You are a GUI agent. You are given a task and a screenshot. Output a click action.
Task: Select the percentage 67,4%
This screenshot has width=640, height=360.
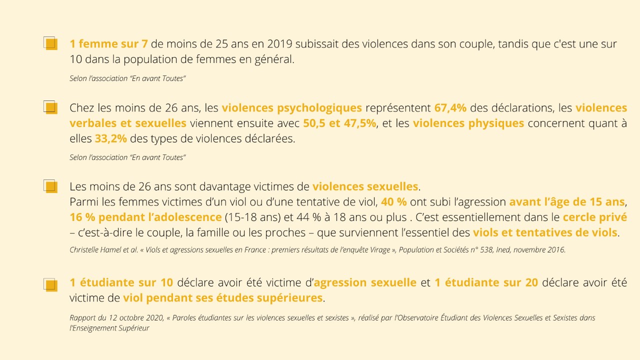(450, 108)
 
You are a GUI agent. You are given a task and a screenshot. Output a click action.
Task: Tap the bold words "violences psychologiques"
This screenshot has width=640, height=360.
(291, 108)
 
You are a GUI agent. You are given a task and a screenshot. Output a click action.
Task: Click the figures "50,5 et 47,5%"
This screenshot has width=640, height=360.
(339, 123)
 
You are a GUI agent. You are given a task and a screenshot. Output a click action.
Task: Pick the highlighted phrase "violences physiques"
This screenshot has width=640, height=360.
(468, 123)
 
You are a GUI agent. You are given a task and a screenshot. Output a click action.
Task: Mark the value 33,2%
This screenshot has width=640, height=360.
(110, 138)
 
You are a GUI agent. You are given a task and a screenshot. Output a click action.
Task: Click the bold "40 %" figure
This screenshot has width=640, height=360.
(393, 202)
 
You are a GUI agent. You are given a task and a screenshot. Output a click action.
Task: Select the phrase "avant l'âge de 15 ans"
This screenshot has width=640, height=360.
(567, 202)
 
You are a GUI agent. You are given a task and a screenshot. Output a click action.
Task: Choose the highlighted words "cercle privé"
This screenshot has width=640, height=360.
(594, 217)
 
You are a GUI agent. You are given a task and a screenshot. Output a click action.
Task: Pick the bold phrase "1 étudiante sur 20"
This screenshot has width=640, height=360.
(486, 282)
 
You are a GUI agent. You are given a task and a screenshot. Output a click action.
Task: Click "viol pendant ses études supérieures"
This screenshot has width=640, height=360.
(222, 298)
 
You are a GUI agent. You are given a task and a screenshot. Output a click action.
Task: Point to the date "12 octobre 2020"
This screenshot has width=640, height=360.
(126, 317)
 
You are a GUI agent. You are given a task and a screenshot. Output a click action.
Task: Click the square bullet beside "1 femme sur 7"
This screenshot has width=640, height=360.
(50, 43)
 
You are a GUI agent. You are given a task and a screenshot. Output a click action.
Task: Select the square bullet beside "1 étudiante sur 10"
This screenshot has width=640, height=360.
(50, 284)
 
